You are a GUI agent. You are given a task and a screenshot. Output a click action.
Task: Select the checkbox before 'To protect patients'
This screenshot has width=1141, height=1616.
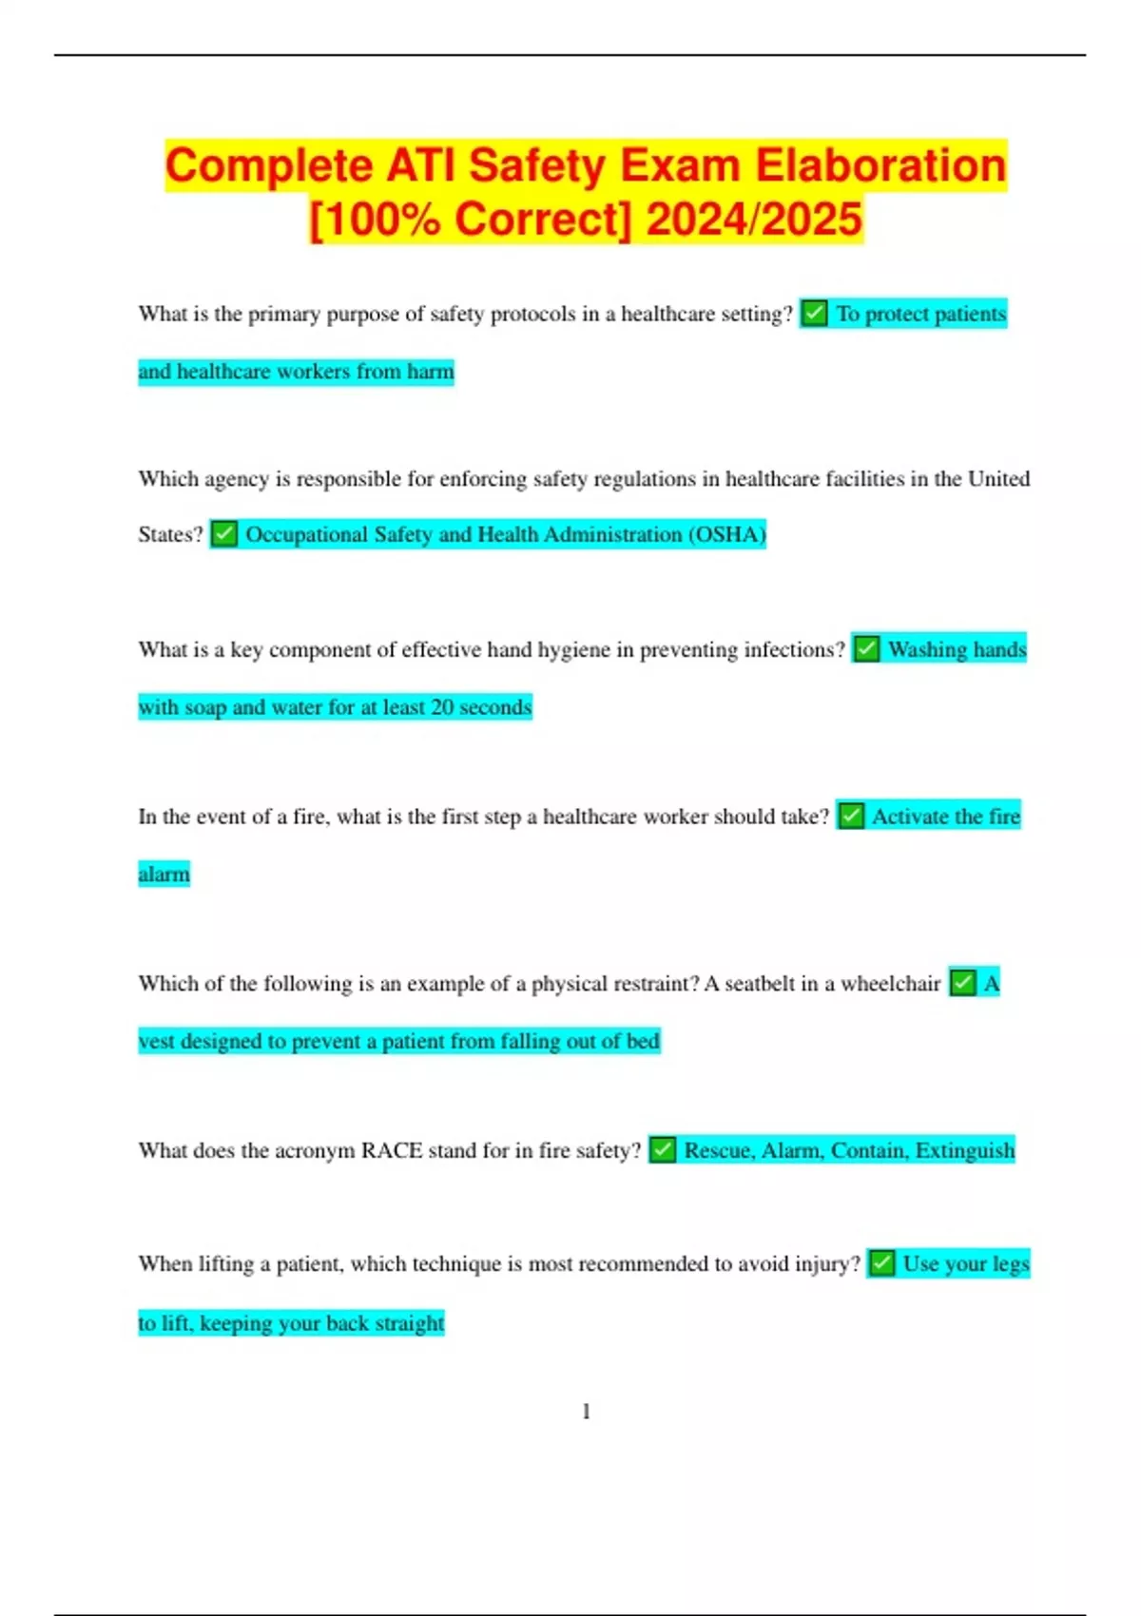click(x=814, y=313)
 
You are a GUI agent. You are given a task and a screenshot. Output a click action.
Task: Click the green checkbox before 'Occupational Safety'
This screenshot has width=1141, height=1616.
click(x=223, y=534)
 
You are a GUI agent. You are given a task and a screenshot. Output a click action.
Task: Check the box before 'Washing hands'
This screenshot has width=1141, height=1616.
click(x=865, y=649)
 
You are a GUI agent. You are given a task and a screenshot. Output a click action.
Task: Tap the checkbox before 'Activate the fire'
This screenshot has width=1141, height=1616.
click(x=851, y=816)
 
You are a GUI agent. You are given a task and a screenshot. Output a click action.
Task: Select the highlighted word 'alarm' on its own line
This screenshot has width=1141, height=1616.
click(x=164, y=874)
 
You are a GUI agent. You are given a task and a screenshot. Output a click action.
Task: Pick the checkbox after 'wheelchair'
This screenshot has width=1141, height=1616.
click(x=962, y=983)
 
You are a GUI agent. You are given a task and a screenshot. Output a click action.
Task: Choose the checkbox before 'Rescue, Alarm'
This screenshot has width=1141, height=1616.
click(x=663, y=1150)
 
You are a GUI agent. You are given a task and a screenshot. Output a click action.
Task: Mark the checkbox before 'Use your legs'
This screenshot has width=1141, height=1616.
click(x=881, y=1263)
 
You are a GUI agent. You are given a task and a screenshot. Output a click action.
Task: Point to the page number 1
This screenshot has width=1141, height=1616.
click(x=586, y=1412)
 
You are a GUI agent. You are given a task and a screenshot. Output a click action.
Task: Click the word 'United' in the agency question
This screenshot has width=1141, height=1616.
click(x=998, y=479)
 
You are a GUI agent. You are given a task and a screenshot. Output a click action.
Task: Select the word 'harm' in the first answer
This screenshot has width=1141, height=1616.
click(x=430, y=372)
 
